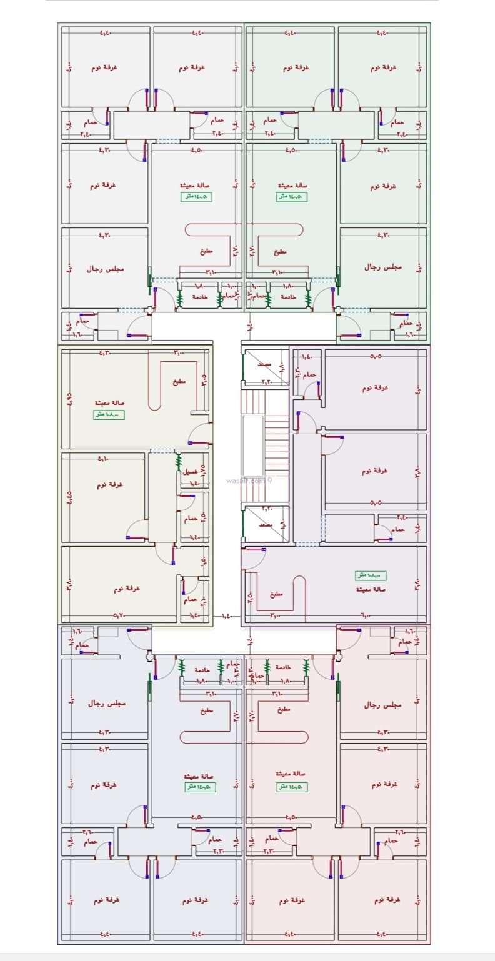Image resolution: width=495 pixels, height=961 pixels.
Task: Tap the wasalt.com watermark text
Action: (249, 480)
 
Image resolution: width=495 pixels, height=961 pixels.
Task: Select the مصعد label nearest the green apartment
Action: (264, 363)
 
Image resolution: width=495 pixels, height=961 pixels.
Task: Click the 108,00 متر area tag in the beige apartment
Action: (109, 415)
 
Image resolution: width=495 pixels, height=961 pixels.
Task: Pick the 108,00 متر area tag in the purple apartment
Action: (371, 575)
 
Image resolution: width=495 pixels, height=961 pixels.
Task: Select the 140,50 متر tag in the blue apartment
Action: (199, 787)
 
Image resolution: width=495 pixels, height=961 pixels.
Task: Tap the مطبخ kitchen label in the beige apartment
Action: (179, 382)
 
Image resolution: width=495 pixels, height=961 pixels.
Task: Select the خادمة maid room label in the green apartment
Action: (289, 296)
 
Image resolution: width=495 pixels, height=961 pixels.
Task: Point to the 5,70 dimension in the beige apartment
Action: (120, 616)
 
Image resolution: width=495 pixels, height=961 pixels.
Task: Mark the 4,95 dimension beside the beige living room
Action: (69, 398)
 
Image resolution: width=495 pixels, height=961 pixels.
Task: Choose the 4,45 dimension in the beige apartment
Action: (69, 497)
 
